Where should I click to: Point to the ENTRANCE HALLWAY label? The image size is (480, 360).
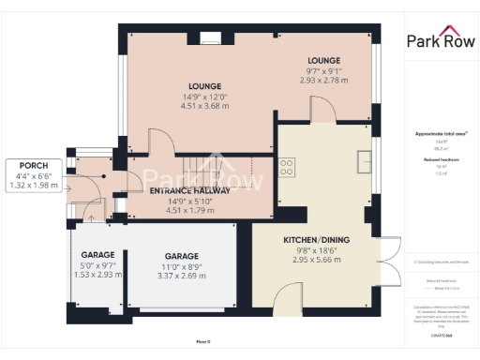190,190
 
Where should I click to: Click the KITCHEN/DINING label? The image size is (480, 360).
316,240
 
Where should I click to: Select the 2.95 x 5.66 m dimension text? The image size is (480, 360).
316,262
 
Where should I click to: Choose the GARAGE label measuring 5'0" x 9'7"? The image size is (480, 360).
97,254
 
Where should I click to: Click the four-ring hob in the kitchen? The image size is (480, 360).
287,168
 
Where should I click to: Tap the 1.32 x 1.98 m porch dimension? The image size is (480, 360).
33,186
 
